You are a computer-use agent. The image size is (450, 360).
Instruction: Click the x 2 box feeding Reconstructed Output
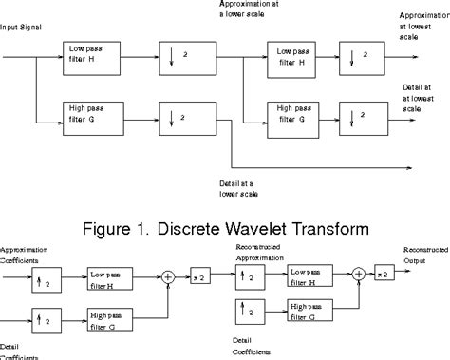[x=384, y=275]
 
